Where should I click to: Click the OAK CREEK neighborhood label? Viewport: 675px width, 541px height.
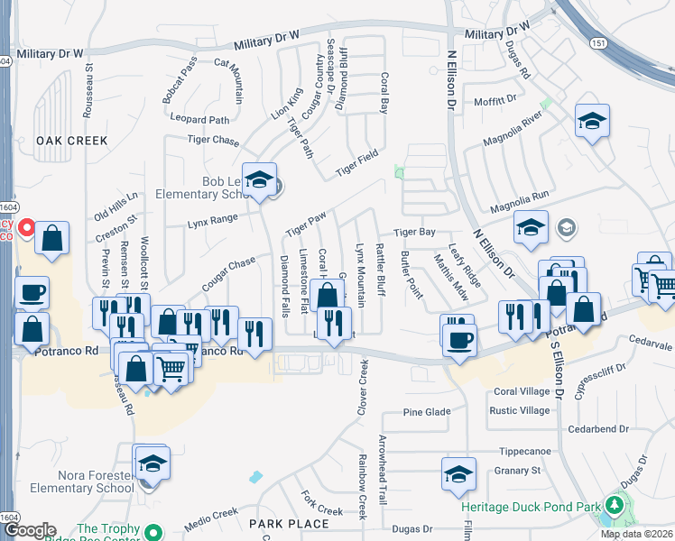[x=71, y=141]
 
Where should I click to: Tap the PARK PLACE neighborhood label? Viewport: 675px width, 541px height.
[x=289, y=523]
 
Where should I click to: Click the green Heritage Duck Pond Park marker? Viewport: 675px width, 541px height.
[x=615, y=505]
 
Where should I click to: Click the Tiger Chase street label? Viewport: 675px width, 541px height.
[x=213, y=140]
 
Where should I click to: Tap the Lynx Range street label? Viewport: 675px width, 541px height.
[x=212, y=219]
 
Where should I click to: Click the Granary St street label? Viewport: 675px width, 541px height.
[x=517, y=470]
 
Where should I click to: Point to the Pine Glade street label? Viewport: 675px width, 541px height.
[x=426, y=412]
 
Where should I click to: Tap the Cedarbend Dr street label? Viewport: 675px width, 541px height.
[x=599, y=429]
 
